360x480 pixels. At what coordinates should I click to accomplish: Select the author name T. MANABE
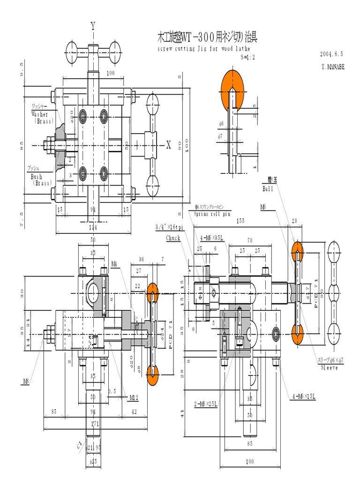(x=333, y=67)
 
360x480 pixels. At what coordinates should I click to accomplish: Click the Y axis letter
(x=93, y=26)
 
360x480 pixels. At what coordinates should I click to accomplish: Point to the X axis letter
(x=169, y=145)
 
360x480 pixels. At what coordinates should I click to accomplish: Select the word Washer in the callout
(x=40, y=114)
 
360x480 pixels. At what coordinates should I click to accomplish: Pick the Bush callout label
(x=37, y=177)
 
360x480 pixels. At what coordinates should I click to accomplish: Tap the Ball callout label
(x=268, y=188)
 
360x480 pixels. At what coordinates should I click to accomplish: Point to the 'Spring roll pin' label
(x=211, y=214)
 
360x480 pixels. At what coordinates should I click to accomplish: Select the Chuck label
(x=173, y=238)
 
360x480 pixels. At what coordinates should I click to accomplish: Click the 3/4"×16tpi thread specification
(x=171, y=227)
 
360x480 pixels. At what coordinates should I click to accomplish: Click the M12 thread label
(x=134, y=398)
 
